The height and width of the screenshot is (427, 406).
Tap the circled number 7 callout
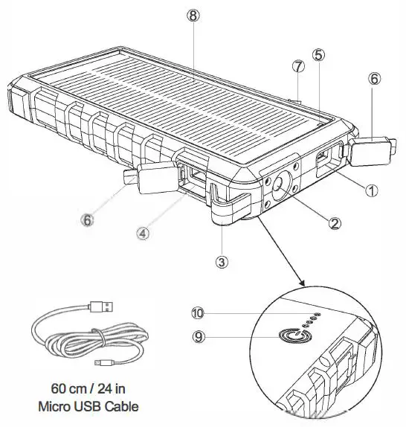coord(298,66)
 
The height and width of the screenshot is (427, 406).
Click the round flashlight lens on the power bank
coord(283,185)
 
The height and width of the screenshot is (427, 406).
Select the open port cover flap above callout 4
coord(152,179)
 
